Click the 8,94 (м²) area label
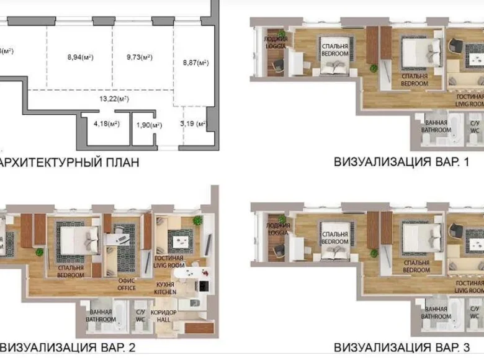click(x=80, y=58)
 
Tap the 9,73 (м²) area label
click(x=140, y=58)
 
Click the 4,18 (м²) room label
click(x=106, y=124)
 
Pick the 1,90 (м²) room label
click(x=148, y=125)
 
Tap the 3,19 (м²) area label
click(x=192, y=124)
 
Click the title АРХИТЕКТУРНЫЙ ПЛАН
click(x=68, y=163)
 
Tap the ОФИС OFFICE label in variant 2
click(x=127, y=283)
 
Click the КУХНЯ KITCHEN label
click(x=166, y=287)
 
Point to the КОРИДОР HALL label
click(x=168, y=315)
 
